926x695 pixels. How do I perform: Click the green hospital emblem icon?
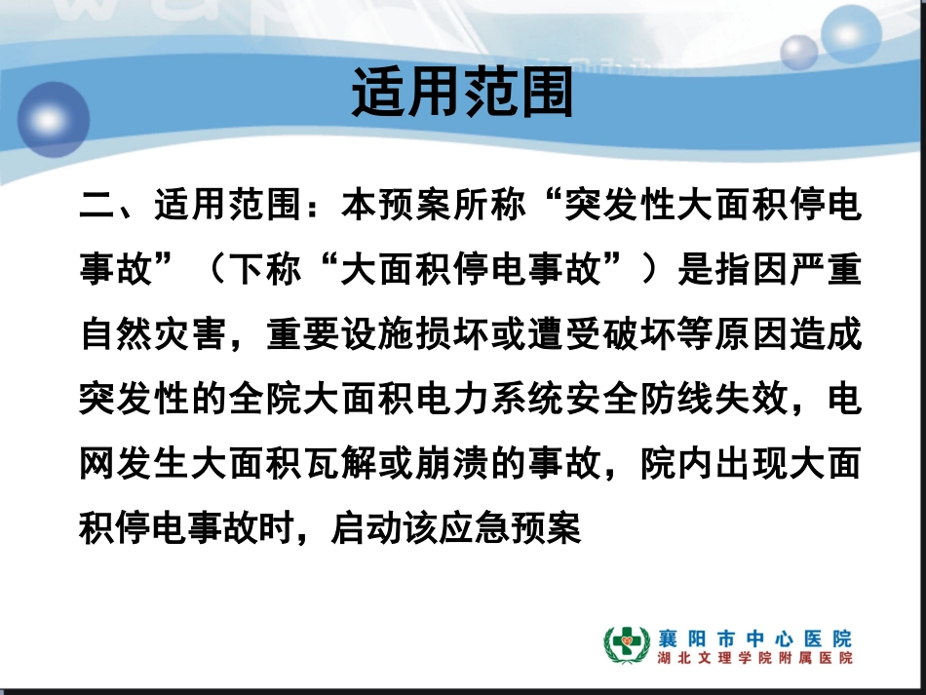[626, 646]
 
